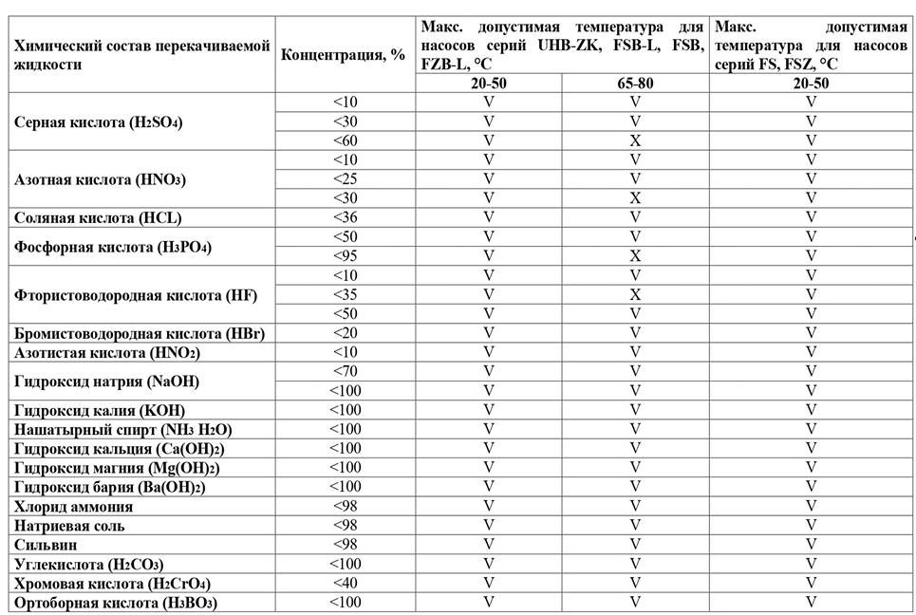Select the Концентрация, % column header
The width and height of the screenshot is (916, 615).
(x=344, y=54)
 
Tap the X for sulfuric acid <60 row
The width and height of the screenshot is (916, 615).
(x=635, y=140)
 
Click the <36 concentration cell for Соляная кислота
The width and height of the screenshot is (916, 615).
(x=346, y=217)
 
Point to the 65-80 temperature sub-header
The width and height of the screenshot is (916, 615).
(x=635, y=83)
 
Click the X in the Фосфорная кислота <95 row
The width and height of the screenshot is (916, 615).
(x=635, y=256)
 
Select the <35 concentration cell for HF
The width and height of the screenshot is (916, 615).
(x=346, y=294)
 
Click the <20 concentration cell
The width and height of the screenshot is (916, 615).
(x=346, y=333)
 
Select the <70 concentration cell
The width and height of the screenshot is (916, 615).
(x=346, y=371)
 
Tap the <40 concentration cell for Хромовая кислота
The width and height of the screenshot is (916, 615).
(x=346, y=583)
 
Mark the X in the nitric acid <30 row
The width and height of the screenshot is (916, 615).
(x=635, y=197)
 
